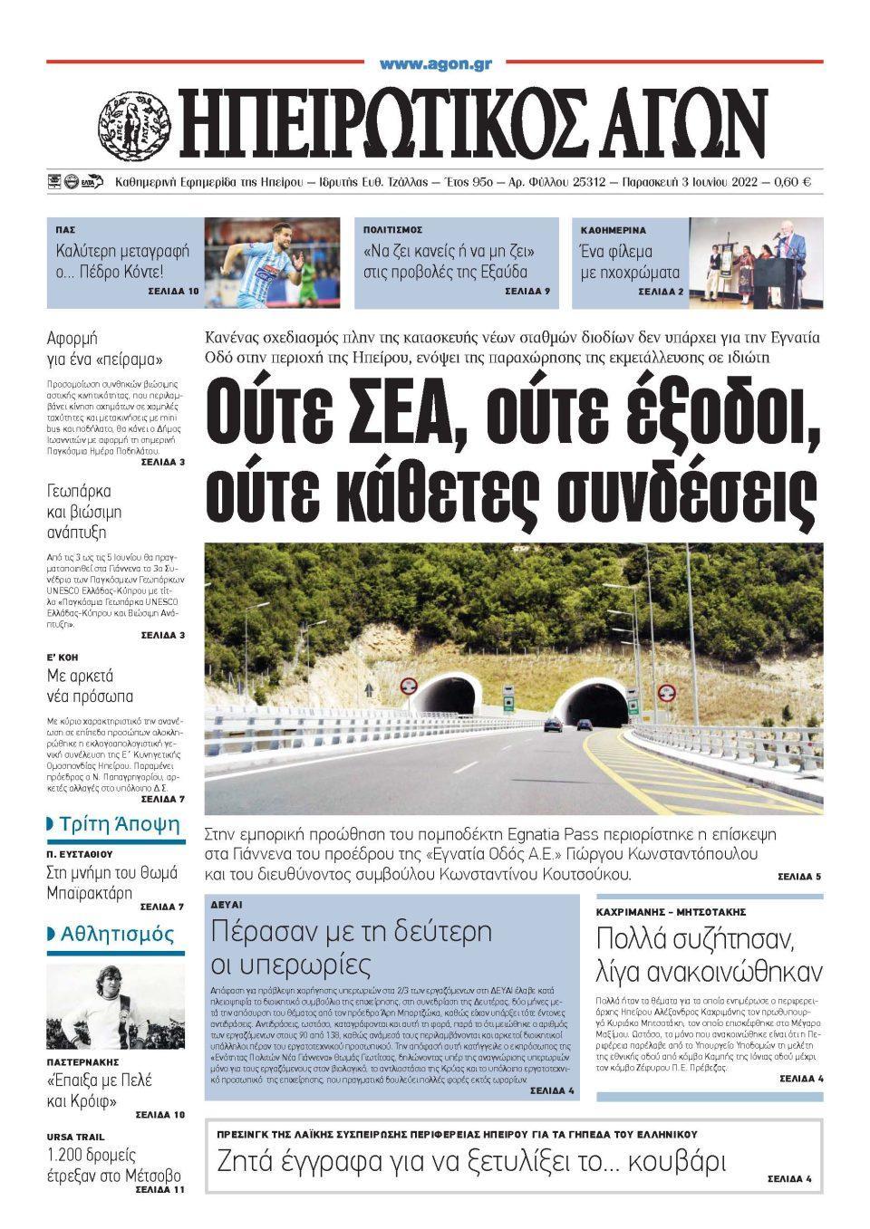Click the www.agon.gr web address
[x=435, y=64]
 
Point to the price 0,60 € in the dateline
[x=793, y=182]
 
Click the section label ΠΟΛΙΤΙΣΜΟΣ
[x=392, y=230]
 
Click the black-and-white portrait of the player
[x=115, y=1005]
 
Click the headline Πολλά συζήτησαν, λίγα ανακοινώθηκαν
[x=709, y=955]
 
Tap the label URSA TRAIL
[x=75, y=1137]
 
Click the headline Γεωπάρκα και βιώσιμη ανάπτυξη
[x=84, y=511]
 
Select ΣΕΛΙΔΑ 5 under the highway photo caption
[x=798, y=877]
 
